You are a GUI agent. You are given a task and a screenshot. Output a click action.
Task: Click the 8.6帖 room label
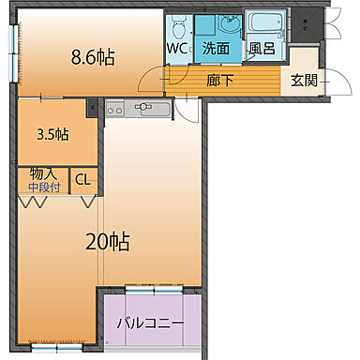(94, 57)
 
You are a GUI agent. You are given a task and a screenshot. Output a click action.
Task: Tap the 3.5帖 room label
(52, 134)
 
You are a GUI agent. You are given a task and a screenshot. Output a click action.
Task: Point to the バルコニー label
(150, 324)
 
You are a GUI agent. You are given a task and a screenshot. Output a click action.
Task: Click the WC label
(177, 48)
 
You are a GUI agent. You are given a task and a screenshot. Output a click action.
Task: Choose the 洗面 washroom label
(217, 48)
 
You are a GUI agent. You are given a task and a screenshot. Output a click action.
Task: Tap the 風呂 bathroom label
(262, 48)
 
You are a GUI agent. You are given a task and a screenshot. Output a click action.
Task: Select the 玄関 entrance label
(303, 81)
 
